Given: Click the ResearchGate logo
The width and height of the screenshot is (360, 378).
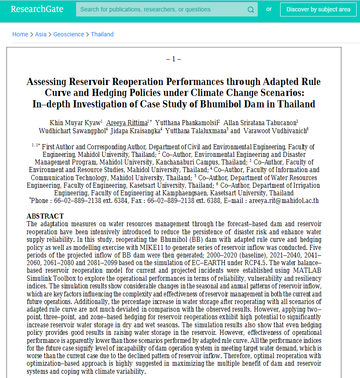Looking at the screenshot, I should (37, 9).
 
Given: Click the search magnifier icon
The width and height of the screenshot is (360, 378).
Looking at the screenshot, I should (251, 9).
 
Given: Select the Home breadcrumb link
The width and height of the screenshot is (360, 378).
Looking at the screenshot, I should (20, 34).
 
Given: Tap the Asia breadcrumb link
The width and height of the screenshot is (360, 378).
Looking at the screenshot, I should (41, 34).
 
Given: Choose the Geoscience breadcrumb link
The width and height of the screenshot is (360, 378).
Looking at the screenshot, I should (68, 34).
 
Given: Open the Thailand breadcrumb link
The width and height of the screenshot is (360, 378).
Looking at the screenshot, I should (102, 34).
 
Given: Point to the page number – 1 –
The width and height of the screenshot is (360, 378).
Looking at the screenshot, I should (174, 59).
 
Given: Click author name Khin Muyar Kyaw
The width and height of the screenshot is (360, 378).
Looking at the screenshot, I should (75, 123).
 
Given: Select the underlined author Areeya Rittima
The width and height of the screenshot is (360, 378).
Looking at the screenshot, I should (126, 123).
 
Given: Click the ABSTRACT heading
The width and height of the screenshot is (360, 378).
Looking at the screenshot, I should (45, 216).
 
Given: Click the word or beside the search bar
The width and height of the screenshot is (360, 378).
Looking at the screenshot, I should (269, 9).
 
